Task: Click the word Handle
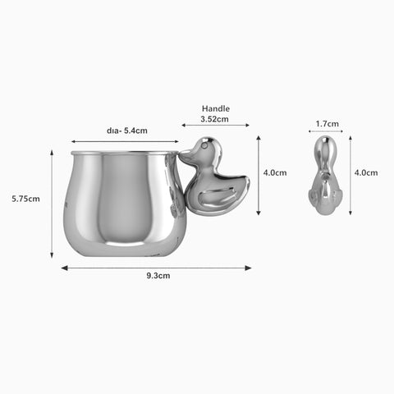pyautogui.click(x=216, y=108)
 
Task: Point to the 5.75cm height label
pyautogui.click(x=25, y=199)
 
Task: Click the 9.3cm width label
pyautogui.click(x=158, y=276)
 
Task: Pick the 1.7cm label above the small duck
pyautogui.click(x=328, y=124)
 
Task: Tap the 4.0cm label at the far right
pyautogui.click(x=366, y=172)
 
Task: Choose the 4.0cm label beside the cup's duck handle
pyautogui.click(x=274, y=172)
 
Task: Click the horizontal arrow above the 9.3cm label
pyautogui.click(x=156, y=267)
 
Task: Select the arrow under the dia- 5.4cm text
pyautogui.click(x=123, y=141)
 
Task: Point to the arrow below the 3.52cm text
pyautogui.click(x=216, y=126)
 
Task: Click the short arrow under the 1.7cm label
pyautogui.click(x=326, y=131)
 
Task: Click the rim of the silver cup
pyautogui.click(x=123, y=153)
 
